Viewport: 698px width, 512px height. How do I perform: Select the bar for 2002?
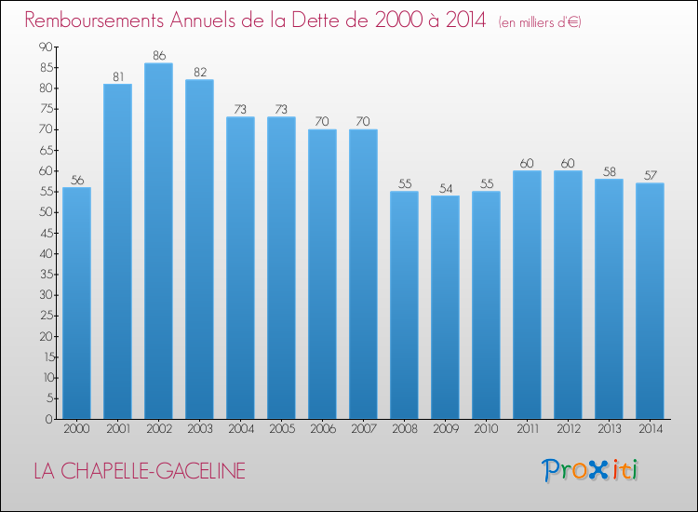tap(158, 241)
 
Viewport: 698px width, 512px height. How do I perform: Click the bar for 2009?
tap(445, 307)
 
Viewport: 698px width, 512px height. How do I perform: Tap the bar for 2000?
tap(76, 303)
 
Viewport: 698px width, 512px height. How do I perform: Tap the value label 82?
tap(199, 73)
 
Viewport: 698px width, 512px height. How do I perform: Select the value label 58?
tap(609, 171)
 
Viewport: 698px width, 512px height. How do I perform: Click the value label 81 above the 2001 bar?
tap(117, 76)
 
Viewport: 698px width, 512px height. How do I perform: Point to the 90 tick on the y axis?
tap(45, 47)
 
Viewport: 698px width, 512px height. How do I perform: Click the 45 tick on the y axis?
tap(45, 233)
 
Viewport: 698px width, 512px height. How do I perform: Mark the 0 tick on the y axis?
tap(48, 419)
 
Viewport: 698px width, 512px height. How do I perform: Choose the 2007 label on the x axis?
tap(363, 429)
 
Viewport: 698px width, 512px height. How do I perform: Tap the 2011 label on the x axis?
tap(527, 429)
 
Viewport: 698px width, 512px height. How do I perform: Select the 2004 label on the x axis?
tap(240, 429)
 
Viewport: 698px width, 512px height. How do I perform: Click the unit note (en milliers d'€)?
tap(539, 21)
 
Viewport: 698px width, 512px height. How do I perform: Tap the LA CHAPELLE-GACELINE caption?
tap(140, 472)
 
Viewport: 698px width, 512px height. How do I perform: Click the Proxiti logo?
tap(591, 470)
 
